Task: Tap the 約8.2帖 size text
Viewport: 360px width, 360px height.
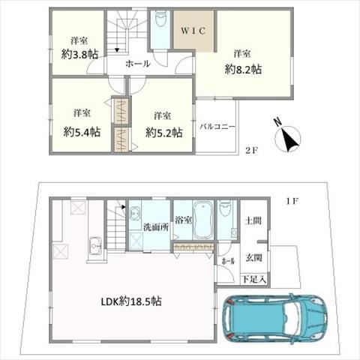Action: [243, 68]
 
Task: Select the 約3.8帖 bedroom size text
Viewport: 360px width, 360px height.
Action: [79, 54]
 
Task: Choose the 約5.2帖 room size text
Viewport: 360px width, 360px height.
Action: [163, 133]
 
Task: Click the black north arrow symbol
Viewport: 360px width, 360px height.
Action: [289, 139]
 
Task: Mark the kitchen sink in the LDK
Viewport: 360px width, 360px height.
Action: [95, 245]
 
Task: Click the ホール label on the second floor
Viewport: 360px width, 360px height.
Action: [138, 64]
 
